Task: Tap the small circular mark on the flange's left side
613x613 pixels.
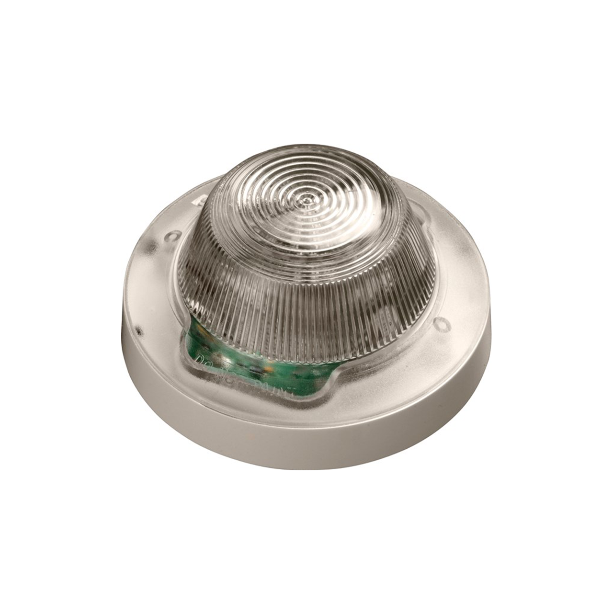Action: pyautogui.click(x=173, y=235)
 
